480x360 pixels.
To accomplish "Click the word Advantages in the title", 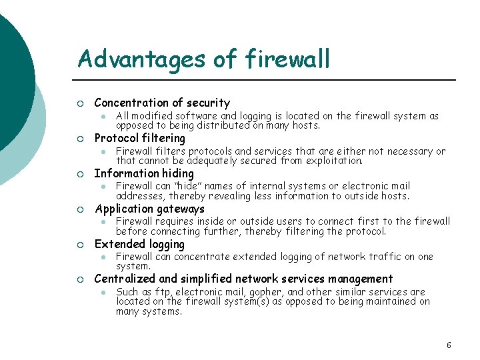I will (x=142, y=59).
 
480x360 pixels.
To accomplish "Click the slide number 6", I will (x=449, y=345).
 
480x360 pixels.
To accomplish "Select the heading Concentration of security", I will (x=162, y=103).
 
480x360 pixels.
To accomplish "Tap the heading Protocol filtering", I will (x=140, y=138).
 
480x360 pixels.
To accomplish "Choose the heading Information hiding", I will (x=144, y=173).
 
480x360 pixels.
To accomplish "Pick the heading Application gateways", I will (x=149, y=209).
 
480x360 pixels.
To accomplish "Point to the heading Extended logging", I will (x=139, y=244).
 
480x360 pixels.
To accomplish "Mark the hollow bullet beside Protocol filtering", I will (x=80, y=139).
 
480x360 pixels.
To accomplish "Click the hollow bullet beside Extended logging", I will (x=80, y=245).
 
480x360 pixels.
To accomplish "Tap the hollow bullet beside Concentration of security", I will (x=80, y=103).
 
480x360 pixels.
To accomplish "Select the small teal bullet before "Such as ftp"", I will (x=103, y=293).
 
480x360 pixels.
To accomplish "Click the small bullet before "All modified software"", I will (x=103, y=116).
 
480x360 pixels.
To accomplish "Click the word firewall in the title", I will (x=288, y=59).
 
